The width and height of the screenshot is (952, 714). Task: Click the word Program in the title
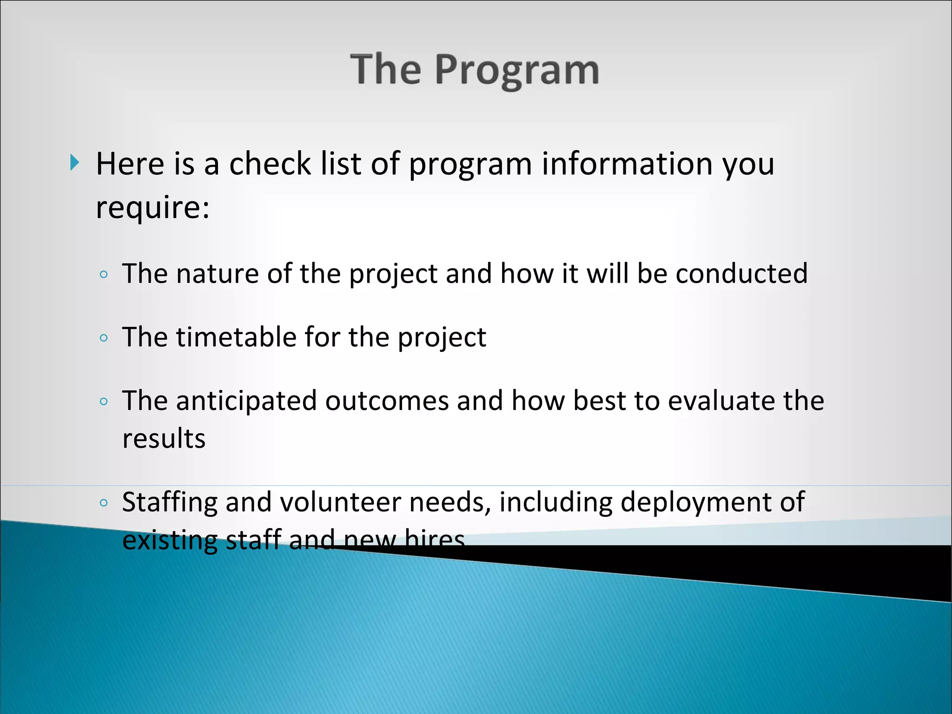[516, 71]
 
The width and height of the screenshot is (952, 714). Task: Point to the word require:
[152, 207]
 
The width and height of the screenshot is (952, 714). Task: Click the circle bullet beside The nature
[104, 274]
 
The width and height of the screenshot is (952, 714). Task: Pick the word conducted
[741, 273]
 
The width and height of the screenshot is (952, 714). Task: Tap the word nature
[217, 274]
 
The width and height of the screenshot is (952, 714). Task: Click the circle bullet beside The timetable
[104, 338]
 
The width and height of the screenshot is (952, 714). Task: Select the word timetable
[236, 337]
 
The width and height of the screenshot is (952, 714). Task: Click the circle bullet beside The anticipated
[104, 402]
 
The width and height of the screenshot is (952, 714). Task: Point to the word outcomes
[387, 401]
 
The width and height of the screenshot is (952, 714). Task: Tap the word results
[164, 439]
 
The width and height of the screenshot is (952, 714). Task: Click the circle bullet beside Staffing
[104, 502]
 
